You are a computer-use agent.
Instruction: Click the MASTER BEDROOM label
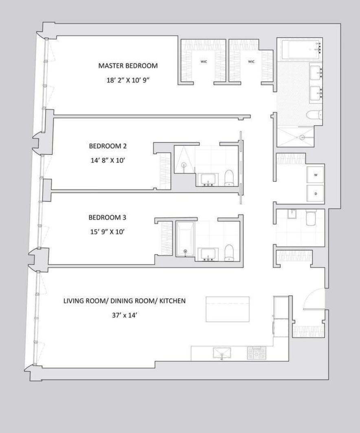[x=127, y=66]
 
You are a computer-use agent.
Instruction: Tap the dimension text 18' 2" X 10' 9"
[x=127, y=80]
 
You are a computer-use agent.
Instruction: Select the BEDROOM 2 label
[x=105, y=146]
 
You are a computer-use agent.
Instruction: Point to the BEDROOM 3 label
[x=105, y=217]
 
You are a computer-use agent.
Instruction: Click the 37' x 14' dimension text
[x=124, y=315]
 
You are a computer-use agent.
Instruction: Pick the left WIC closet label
[x=203, y=62]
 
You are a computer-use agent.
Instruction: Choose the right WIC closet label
[x=251, y=62]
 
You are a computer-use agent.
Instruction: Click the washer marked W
[x=316, y=175]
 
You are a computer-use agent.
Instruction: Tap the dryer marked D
[x=316, y=194]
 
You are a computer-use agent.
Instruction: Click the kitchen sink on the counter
[x=222, y=353]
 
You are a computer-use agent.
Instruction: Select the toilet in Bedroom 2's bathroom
[x=229, y=177]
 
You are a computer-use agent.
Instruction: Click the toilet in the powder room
[x=310, y=218]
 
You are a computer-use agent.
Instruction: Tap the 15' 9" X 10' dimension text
[x=105, y=232]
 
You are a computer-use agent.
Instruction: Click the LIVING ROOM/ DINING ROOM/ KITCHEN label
[x=124, y=301]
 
